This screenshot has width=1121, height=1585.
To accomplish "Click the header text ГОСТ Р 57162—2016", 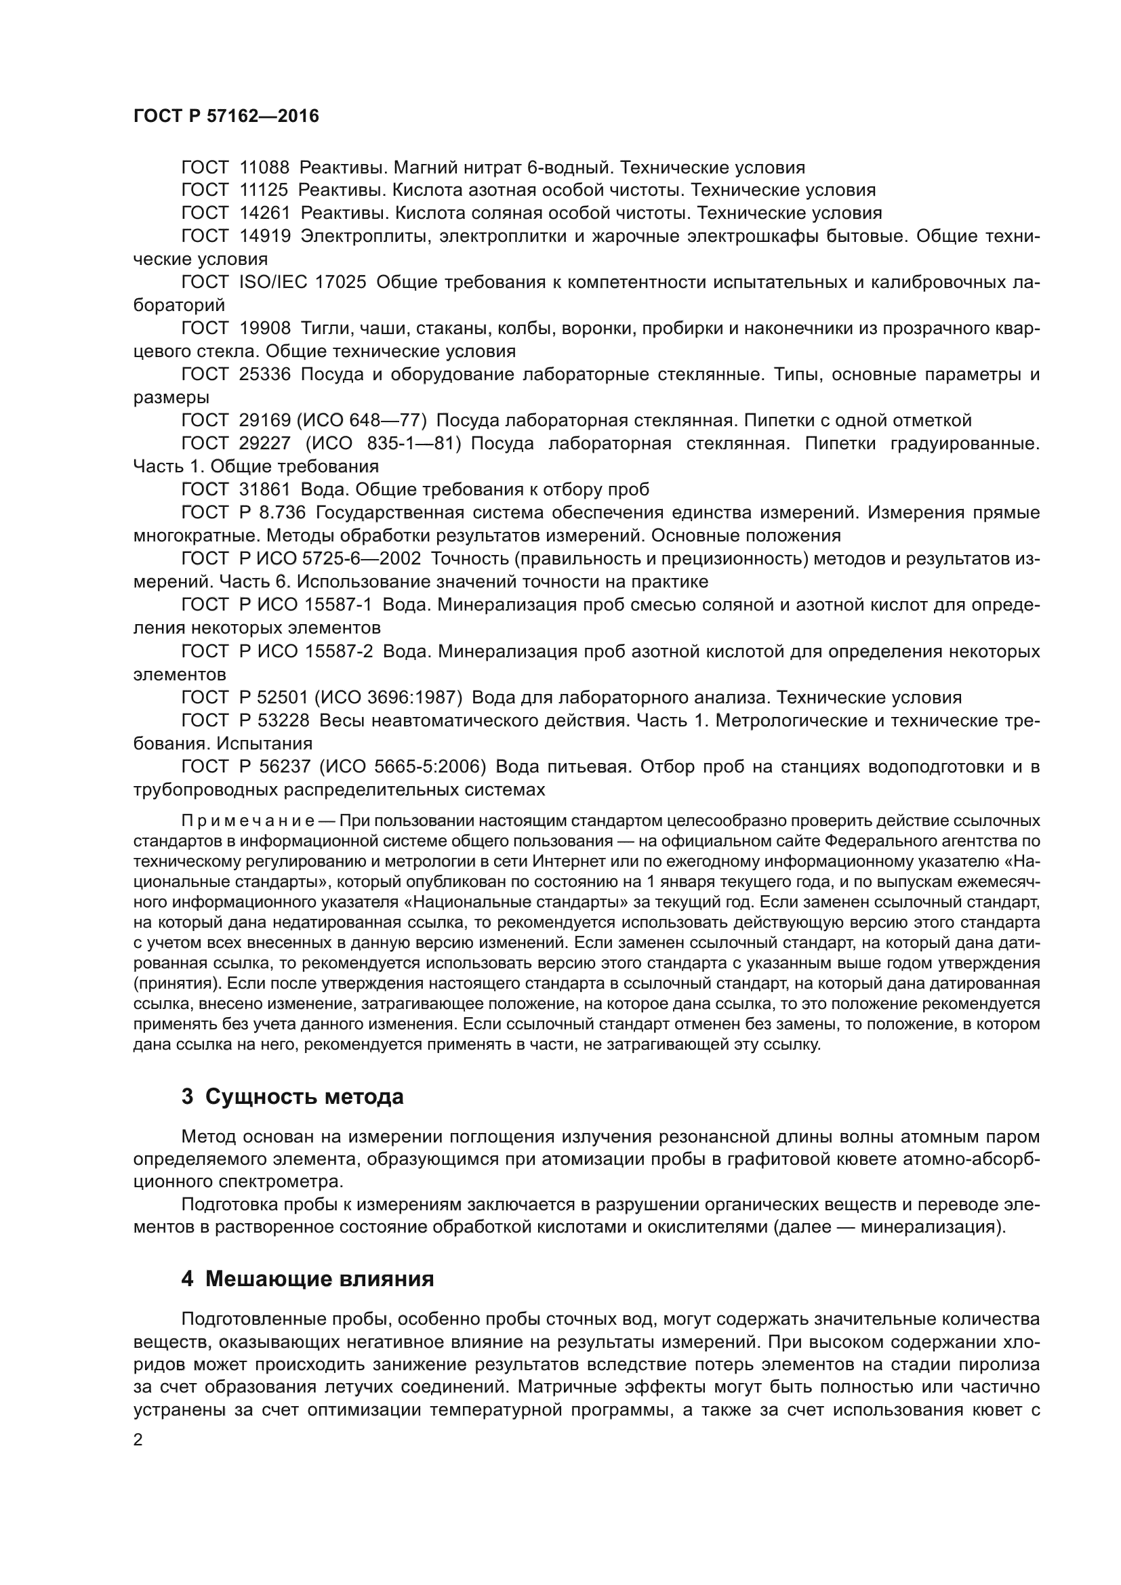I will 226,116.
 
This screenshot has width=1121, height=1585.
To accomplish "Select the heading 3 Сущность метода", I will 292,1097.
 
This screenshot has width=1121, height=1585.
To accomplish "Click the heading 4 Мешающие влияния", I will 307,1279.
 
